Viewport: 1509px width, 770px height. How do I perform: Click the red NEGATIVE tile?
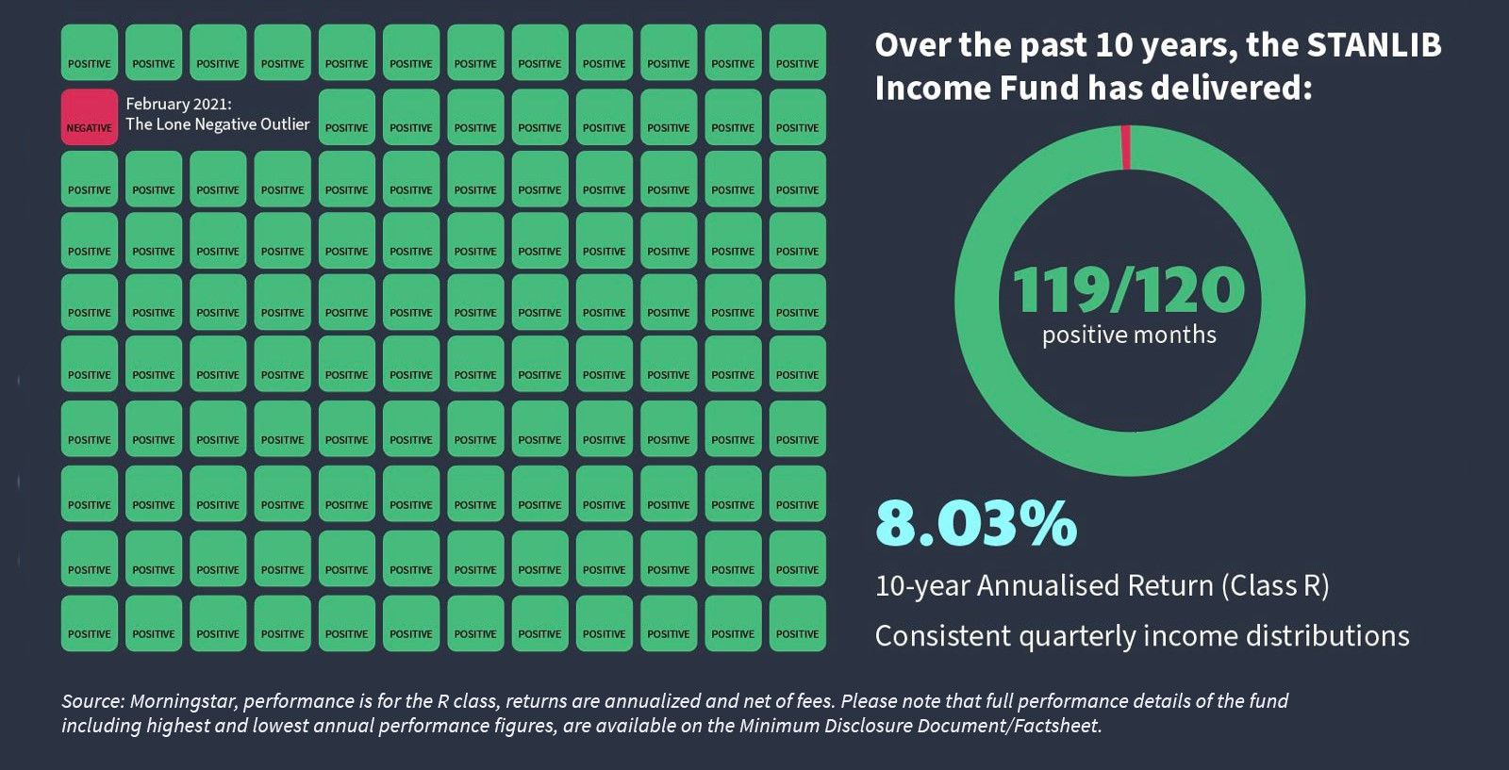[x=90, y=117]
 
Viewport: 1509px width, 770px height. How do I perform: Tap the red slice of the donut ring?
[x=1125, y=147]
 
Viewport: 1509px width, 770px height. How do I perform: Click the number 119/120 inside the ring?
[x=1129, y=289]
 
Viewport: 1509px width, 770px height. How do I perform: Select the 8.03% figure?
[x=976, y=523]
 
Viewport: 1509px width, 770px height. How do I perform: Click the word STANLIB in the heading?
[x=1374, y=45]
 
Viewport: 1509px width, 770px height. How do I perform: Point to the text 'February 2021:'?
[x=178, y=104]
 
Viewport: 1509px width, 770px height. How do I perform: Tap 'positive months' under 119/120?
[x=1129, y=335]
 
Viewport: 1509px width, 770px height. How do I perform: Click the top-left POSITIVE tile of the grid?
[x=90, y=53]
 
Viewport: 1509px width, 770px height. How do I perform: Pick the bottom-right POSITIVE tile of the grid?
[x=798, y=623]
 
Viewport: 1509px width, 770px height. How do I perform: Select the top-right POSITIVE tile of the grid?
[x=798, y=53]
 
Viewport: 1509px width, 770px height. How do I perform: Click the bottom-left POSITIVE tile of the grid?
[x=90, y=623]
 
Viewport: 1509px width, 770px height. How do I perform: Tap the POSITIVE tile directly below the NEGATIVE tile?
[x=90, y=179]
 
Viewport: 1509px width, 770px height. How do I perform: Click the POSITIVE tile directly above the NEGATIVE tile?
[x=90, y=53]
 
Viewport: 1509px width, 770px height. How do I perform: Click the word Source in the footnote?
[x=91, y=701]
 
